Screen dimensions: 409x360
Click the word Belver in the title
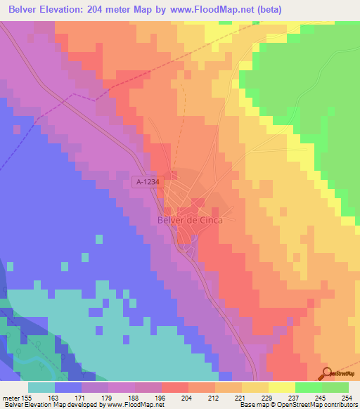tap(27, 9)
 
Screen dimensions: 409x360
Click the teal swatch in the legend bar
tap(41, 387)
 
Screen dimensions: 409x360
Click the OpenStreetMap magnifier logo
tap(328, 372)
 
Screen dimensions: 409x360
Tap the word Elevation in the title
tap(71, 9)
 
